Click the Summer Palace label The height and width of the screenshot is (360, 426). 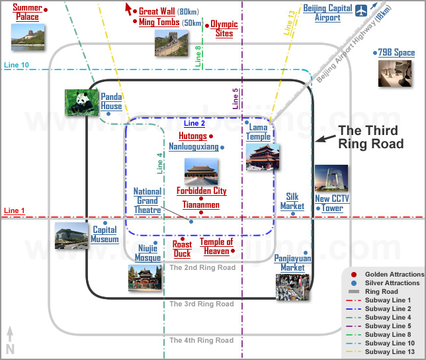tap(27, 12)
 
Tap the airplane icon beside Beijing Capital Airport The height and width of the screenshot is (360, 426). tap(361, 11)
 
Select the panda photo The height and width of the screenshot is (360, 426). tap(82, 103)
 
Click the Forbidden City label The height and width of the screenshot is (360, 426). tap(201, 191)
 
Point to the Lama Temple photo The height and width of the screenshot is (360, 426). tap(263, 157)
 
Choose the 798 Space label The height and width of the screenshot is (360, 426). tap(396, 52)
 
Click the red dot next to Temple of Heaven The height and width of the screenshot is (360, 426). tap(233, 251)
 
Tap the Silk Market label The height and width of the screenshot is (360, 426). tap(292, 201)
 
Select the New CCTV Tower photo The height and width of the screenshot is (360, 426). tap(331, 178)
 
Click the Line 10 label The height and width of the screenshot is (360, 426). tap(17, 65)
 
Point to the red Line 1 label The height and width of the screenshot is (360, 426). tap(14, 210)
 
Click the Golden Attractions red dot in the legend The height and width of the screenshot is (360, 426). tap(354, 275)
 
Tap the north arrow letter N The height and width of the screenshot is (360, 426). tap(10, 349)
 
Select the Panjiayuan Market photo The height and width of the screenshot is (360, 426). tap(292, 287)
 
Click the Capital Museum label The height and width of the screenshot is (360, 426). tap(105, 234)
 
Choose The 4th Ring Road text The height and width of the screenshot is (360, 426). tap(201, 340)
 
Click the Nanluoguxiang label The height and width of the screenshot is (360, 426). tap(194, 147)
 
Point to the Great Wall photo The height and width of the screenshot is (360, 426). tap(171, 43)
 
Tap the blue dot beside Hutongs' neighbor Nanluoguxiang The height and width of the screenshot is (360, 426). tap(222, 148)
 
